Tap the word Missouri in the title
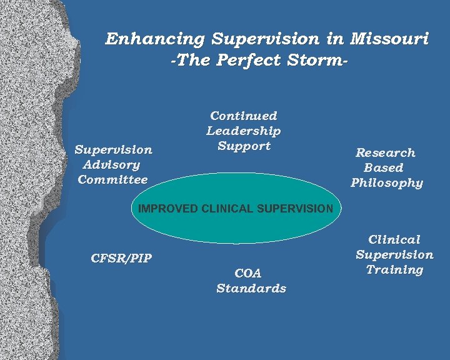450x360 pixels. point(389,39)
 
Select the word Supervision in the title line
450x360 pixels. point(265,39)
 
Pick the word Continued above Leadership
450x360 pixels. point(244,116)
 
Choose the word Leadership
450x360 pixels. point(244,131)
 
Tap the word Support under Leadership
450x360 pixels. point(244,146)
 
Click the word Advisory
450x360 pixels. point(111,165)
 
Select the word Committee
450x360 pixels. point(112,180)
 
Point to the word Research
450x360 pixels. point(385,152)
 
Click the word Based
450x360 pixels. point(383,167)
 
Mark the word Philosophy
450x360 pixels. point(387,183)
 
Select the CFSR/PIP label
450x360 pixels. point(121,258)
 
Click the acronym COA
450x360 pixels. point(248,273)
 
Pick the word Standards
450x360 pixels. point(251,289)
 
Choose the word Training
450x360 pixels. point(394,270)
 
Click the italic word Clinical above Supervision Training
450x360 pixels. point(394,239)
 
